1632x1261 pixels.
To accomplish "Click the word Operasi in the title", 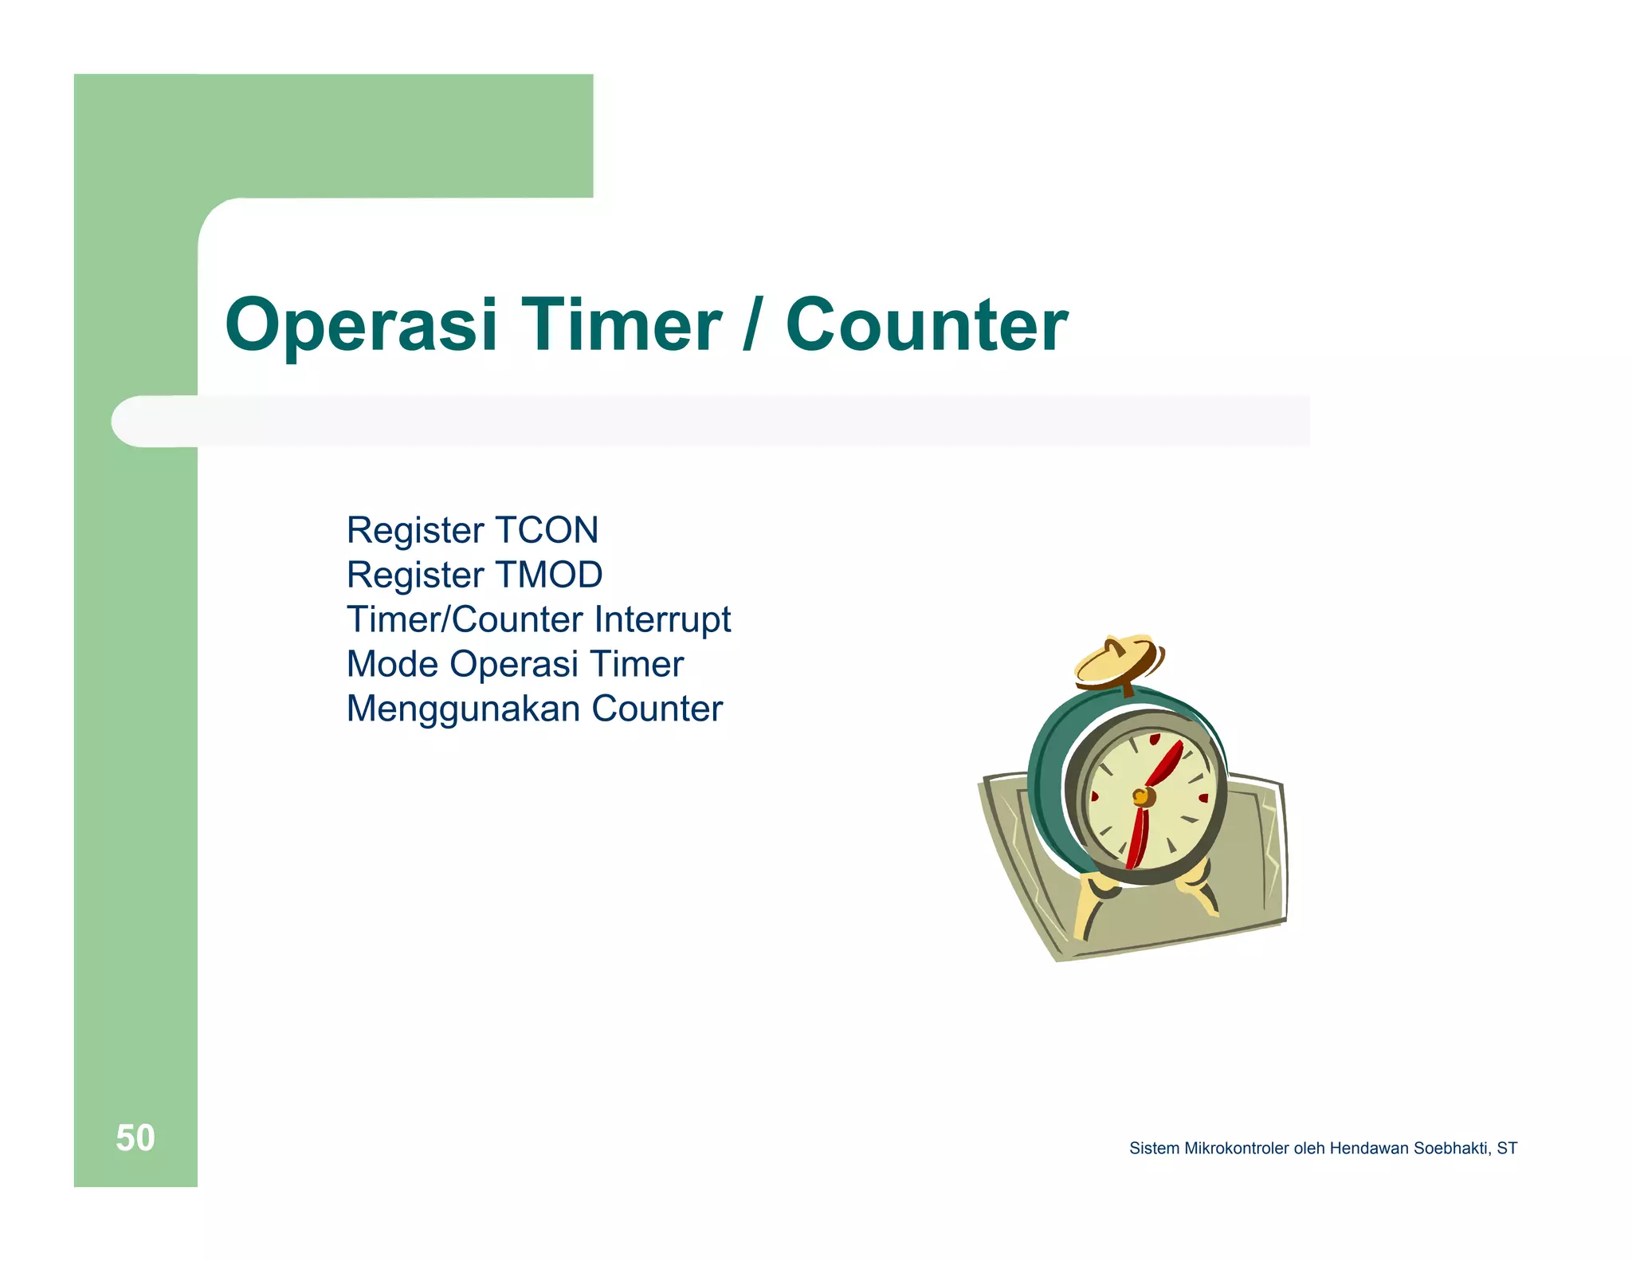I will click(x=361, y=325).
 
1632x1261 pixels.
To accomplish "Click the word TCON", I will click(x=546, y=530).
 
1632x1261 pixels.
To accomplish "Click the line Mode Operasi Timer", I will click(x=515, y=664).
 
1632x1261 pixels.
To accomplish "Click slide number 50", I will click(x=135, y=1137).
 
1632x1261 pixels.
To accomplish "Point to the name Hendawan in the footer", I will click(x=1369, y=1149).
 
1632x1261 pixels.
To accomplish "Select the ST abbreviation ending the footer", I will click(x=1507, y=1149).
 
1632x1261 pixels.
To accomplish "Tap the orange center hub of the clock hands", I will click(x=1142, y=796).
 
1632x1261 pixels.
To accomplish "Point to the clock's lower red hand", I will click(x=1138, y=837).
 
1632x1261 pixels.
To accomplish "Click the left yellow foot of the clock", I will click(x=1089, y=905).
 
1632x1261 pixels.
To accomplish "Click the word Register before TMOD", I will click(x=415, y=575).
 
